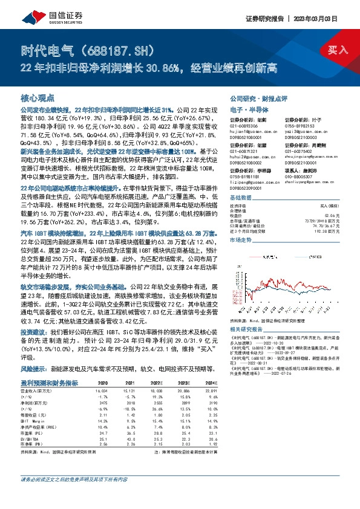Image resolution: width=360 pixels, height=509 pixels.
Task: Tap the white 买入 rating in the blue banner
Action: [x=337, y=50]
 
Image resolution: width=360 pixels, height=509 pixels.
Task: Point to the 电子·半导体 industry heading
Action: [x=246, y=109]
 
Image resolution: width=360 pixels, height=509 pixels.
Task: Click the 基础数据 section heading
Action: [x=241, y=198]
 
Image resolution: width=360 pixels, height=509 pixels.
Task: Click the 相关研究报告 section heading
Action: [x=246, y=329]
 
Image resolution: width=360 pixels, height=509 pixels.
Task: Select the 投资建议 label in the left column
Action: [x=34, y=333]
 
